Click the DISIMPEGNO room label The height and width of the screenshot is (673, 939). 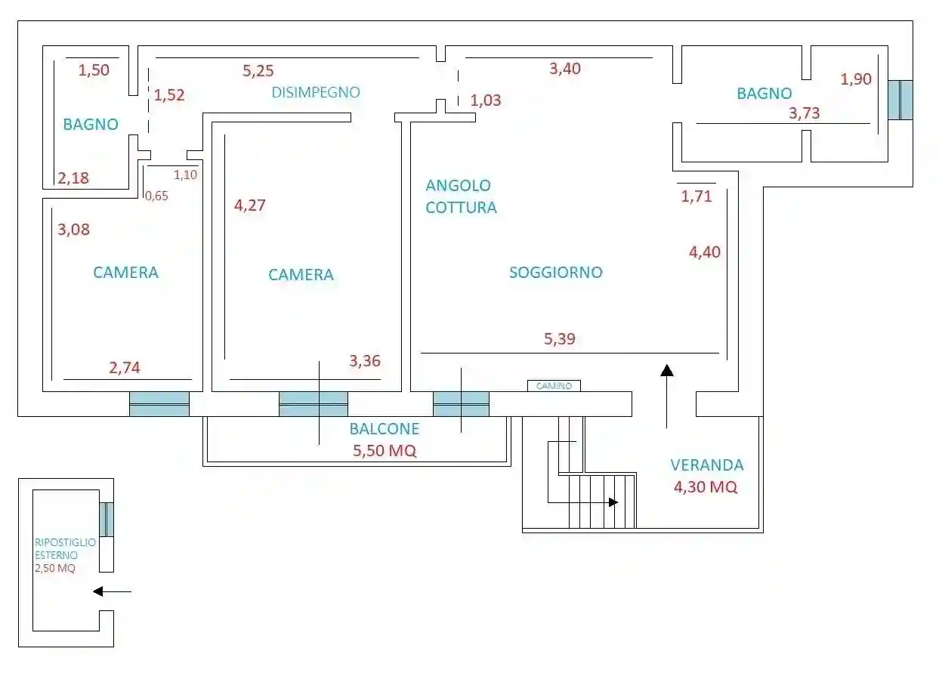(x=316, y=92)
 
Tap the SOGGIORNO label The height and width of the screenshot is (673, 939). (x=556, y=273)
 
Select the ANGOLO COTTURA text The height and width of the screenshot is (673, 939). (x=461, y=196)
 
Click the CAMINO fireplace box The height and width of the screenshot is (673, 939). (x=554, y=385)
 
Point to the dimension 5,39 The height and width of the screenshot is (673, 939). (x=559, y=338)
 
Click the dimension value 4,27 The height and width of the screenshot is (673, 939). (x=249, y=205)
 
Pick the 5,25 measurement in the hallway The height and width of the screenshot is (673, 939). (x=258, y=70)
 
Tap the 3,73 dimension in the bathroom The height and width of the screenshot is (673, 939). (x=804, y=113)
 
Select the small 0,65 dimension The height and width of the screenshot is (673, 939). (x=156, y=196)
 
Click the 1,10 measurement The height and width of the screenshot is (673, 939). (x=185, y=174)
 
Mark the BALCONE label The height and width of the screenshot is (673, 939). (x=385, y=429)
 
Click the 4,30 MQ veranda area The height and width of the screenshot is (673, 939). (x=706, y=486)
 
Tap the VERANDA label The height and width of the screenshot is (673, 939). (x=707, y=465)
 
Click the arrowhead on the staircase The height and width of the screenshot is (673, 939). (x=613, y=502)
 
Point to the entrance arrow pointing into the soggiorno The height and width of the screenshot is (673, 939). (x=666, y=397)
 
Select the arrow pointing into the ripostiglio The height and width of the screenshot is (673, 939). (x=112, y=591)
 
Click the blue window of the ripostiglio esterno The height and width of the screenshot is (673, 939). (x=107, y=520)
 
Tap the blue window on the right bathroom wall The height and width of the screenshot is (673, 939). (x=900, y=100)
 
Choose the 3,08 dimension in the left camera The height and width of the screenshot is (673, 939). (x=73, y=229)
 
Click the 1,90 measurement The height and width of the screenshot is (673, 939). (x=856, y=79)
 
